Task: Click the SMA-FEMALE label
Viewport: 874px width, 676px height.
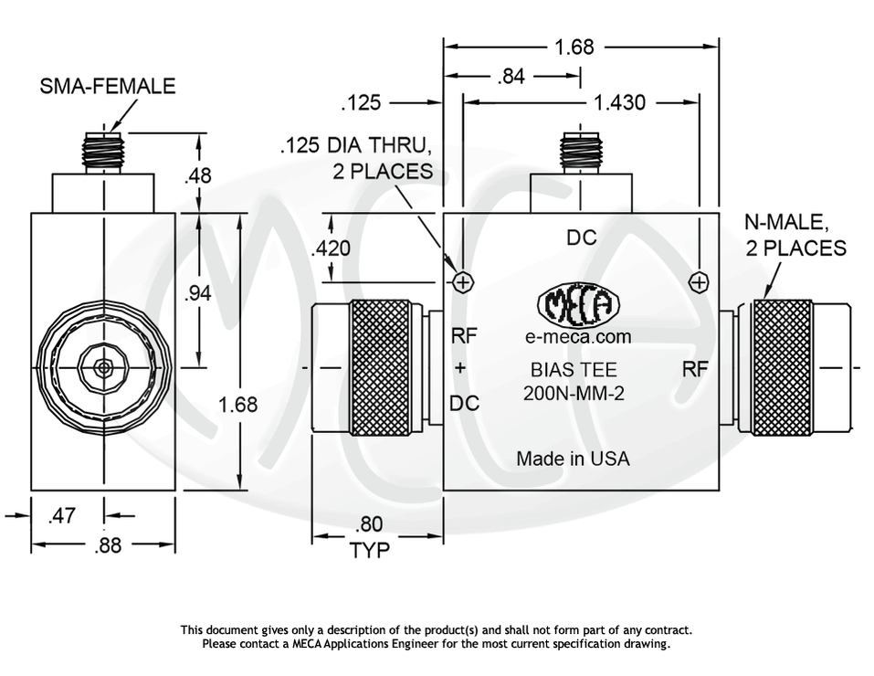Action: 108,87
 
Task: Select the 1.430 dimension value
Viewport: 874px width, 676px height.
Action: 619,103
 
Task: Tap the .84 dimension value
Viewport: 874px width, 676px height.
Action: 511,77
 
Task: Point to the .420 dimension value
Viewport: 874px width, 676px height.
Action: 330,248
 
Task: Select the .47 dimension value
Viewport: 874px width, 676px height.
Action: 61,516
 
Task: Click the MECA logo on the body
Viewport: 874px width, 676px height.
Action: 579,306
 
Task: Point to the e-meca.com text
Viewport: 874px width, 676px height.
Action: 578,337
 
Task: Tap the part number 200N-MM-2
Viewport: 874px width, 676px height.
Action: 573,394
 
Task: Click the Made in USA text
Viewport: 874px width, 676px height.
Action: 573,459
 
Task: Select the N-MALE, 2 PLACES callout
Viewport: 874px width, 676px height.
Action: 795,236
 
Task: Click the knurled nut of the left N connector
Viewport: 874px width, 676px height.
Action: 380,367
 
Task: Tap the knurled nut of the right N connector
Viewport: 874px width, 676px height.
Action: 781,367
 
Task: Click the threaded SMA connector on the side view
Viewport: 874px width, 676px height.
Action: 102,151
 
